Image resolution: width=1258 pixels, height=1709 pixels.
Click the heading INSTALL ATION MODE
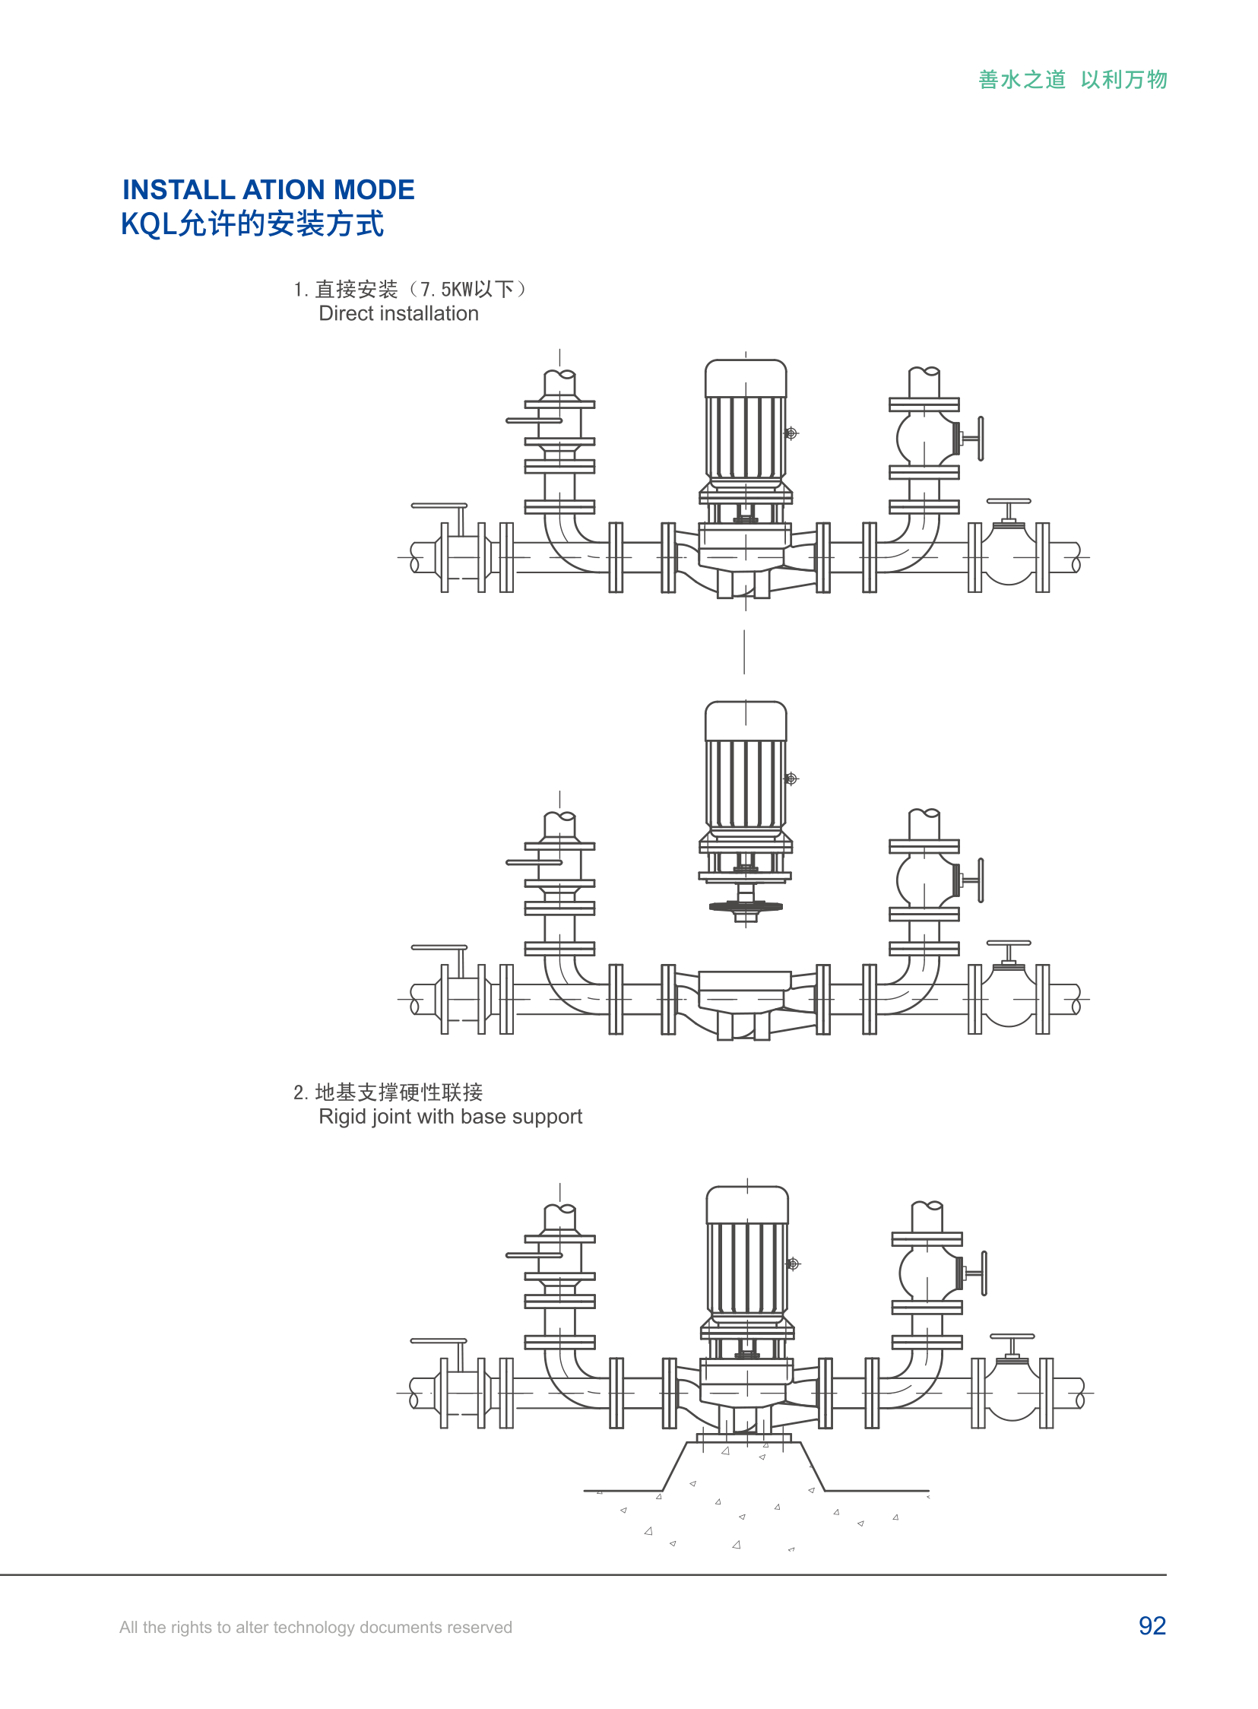(268, 189)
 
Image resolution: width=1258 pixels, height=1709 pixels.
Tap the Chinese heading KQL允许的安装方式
(252, 224)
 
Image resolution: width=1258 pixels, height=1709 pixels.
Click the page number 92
(1152, 1625)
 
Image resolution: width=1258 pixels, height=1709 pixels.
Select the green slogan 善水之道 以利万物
(1073, 79)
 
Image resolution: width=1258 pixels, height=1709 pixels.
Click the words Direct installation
(398, 314)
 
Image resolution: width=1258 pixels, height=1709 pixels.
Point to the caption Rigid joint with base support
(450, 1117)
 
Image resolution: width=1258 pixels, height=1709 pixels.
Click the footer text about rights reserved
(315, 1627)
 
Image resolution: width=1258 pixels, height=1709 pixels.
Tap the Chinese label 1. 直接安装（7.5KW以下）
(410, 290)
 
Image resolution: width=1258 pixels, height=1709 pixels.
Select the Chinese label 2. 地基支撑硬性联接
(388, 1092)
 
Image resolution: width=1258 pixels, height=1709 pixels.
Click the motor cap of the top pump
(746, 379)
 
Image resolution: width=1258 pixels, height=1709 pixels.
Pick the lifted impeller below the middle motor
(746, 906)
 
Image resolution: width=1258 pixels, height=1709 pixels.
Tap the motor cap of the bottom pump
(747, 1205)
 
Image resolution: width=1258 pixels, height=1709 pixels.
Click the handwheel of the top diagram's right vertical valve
(981, 439)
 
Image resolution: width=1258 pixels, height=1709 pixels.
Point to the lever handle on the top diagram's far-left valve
(439, 506)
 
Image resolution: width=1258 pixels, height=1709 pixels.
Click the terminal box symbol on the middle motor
(791, 778)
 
